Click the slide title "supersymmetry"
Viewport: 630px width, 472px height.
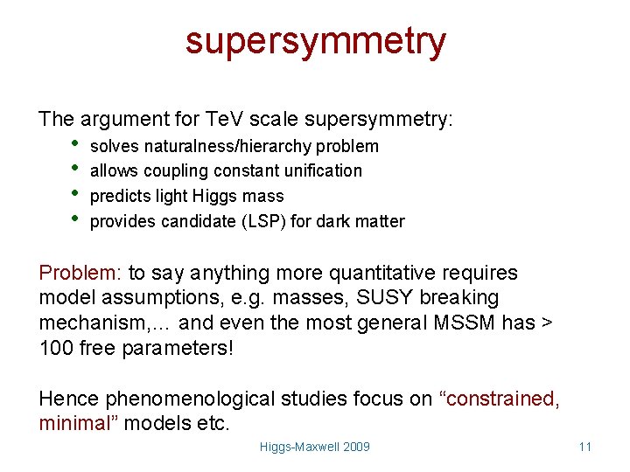(x=315, y=40)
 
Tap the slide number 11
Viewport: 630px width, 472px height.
(x=585, y=447)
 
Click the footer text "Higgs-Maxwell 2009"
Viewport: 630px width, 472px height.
(x=315, y=447)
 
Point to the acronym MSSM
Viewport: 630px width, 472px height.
(x=466, y=323)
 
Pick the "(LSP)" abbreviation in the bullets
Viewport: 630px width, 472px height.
(x=262, y=221)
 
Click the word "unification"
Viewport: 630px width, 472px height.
(x=320, y=170)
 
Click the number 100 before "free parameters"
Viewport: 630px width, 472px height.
(x=56, y=348)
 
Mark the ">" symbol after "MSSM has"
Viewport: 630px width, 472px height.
(x=548, y=323)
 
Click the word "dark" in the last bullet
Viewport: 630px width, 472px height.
(x=334, y=221)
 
